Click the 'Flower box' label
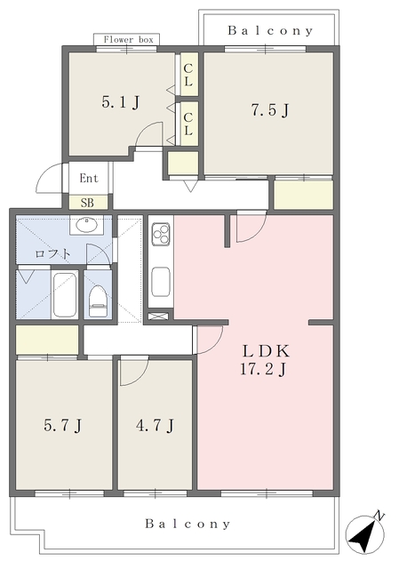128,39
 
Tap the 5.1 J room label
121,103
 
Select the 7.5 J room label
270,110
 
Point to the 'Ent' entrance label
89,178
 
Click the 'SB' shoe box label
87,203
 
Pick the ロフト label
52,253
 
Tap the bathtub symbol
65,294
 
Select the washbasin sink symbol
87,225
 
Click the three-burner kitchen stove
161,233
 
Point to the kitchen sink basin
161,282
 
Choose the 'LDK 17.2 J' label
265,360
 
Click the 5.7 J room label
62,425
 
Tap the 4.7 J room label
155,425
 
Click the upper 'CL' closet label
188,75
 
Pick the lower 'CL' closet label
188,124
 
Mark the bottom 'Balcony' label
188,524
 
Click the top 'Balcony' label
270,31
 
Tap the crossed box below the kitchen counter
158,316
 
